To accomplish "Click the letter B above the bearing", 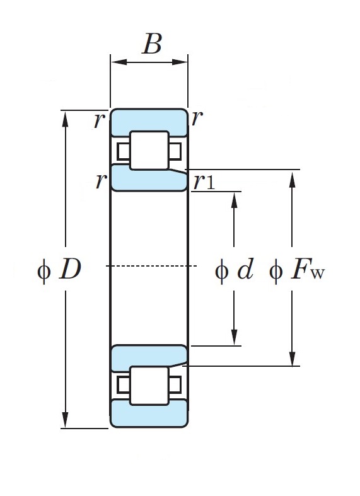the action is [x=153, y=43].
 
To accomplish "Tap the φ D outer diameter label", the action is [x=59, y=269].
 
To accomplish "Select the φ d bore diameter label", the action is [x=234, y=269].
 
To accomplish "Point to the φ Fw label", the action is [x=297, y=270].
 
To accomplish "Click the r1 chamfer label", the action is [x=204, y=182].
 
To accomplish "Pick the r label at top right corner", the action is [x=197, y=118].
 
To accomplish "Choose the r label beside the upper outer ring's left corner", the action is [x=100, y=120].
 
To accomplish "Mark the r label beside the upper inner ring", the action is [x=101, y=181].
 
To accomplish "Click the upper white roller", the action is [x=149, y=151].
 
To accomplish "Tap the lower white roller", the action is [x=149, y=386].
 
